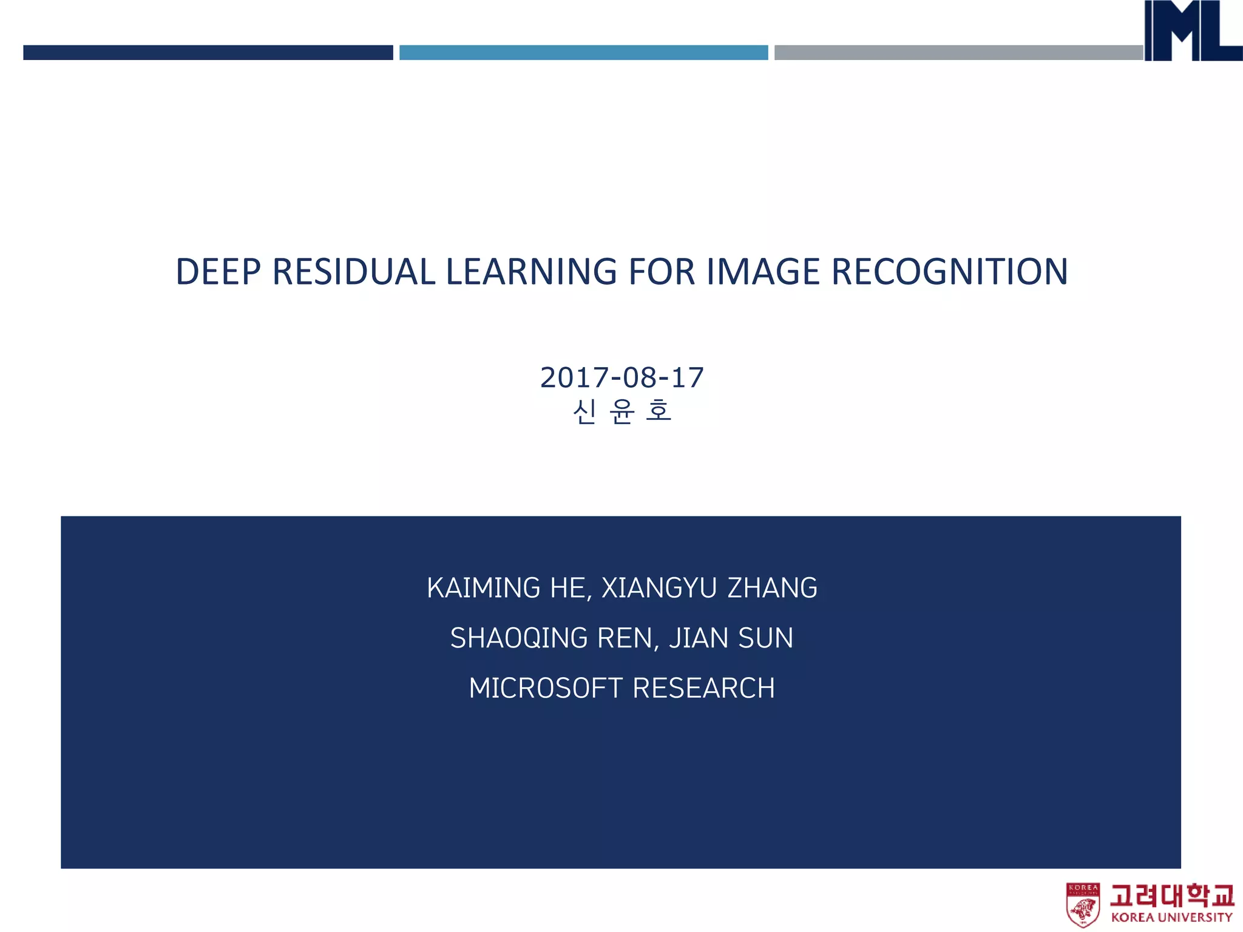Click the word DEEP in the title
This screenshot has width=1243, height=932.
pos(218,272)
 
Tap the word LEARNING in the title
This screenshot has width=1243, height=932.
pos(531,272)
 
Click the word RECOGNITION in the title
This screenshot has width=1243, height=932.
pos(949,272)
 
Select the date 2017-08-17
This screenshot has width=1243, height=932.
pos(621,378)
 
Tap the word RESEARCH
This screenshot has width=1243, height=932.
pos(703,689)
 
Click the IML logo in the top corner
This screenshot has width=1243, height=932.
pos(1192,30)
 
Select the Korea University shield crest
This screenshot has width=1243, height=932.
pos(1083,905)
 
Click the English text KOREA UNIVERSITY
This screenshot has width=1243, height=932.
pos(1171,917)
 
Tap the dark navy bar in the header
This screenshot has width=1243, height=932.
pos(208,53)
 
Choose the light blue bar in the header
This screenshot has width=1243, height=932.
pos(583,53)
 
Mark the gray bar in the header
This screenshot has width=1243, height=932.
pos(958,53)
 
